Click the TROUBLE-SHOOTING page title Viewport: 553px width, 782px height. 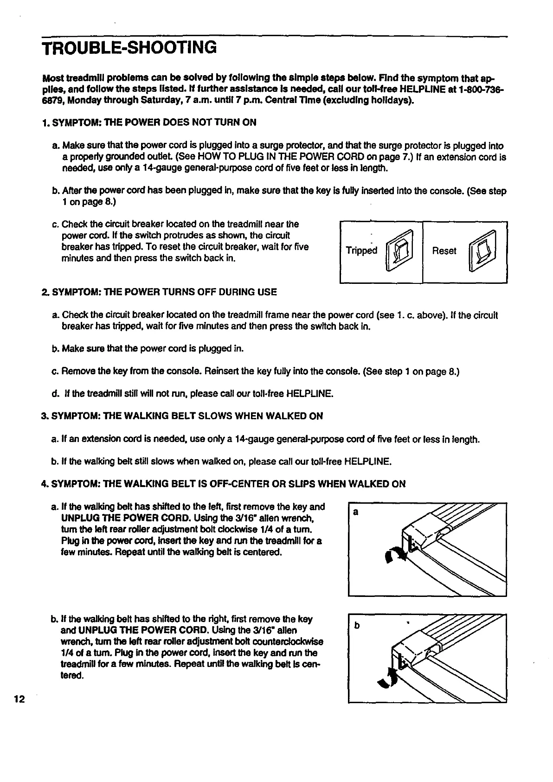pos(129,48)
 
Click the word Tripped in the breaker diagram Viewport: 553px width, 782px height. pos(362,251)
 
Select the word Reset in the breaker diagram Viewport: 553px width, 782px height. pos(444,251)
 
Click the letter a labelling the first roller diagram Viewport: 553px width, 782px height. pos(355,513)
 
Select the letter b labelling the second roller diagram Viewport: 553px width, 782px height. pos(356,626)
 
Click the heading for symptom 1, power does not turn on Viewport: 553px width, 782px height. pos(148,122)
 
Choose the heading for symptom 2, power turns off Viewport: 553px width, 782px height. pos(159,292)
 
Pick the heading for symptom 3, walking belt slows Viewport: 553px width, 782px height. pos(182,416)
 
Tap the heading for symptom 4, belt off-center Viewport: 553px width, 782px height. pos(223,484)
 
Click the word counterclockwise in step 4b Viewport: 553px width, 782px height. pos(287,642)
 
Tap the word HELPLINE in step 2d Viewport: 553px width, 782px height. pos(310,394)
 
